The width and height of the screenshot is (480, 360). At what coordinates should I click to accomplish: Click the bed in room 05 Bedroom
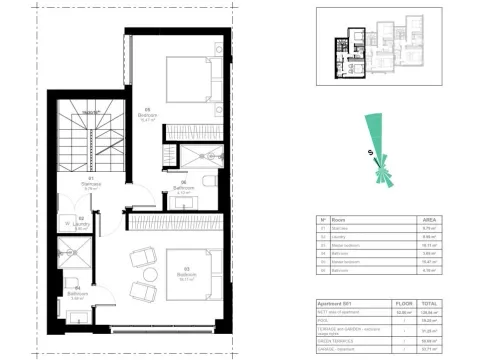[x=190, y=82]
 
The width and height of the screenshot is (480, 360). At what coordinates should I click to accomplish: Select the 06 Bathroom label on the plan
[x=183, y=187]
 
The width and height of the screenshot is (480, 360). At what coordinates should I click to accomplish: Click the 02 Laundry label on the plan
[x=81, y=226]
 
